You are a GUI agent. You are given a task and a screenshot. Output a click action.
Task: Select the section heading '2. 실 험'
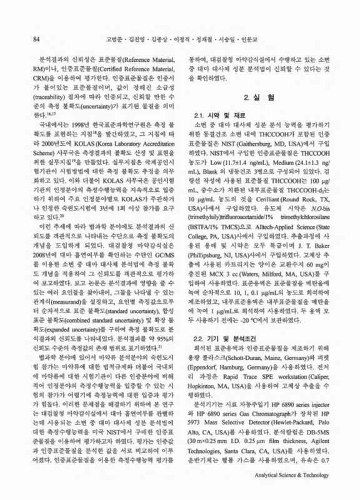coord(254,99)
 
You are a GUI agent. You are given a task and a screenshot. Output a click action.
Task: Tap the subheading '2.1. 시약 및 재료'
coord(221,117)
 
